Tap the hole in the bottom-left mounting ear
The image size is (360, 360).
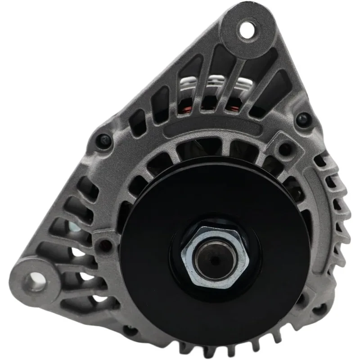[34, 281]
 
